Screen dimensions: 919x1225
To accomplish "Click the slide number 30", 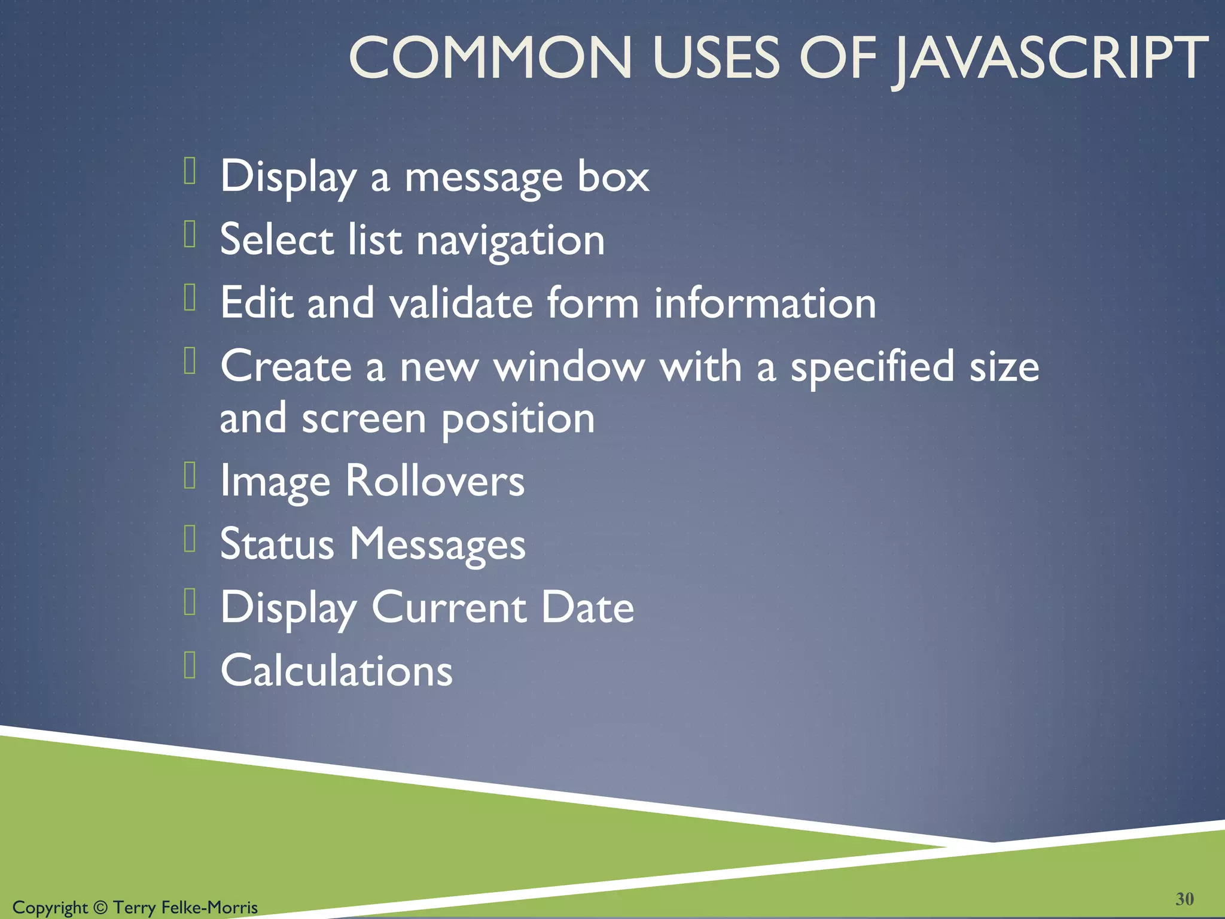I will point(1184,899).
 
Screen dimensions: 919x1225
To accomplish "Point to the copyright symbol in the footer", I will point(100,907).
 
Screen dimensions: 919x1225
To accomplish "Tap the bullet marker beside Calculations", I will point(190,665).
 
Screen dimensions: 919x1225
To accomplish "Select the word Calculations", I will point(336,670).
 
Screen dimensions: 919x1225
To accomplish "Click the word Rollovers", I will point(435,480).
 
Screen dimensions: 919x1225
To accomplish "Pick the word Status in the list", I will point(277,544).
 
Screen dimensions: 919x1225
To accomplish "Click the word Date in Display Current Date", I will point(587,607).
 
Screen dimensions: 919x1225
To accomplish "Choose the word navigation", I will point(510,240).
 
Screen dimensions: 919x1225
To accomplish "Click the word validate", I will point(461,303).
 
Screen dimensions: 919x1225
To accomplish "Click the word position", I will point(518,418).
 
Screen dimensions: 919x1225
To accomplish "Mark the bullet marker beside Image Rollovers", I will point(190,476).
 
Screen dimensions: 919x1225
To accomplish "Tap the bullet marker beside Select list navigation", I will point(190,234).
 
